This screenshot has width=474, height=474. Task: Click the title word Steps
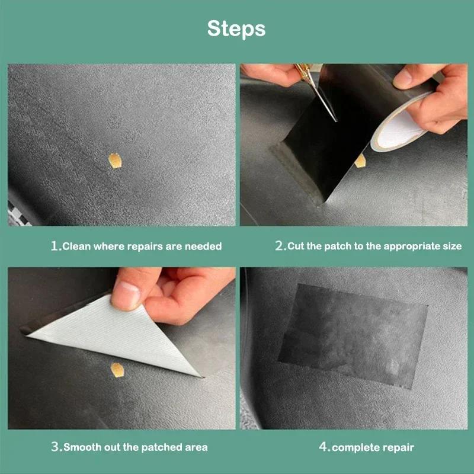236,28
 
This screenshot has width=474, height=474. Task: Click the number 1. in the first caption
56,246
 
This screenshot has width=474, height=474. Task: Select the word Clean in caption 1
77,246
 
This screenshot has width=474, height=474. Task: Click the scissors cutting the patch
320,95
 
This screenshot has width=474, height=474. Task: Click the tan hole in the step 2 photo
360,159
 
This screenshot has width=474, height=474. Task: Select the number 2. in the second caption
280,246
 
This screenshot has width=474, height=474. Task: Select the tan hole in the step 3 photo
117,370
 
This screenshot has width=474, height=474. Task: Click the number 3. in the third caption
56,447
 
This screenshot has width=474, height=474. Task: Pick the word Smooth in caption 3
84,447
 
